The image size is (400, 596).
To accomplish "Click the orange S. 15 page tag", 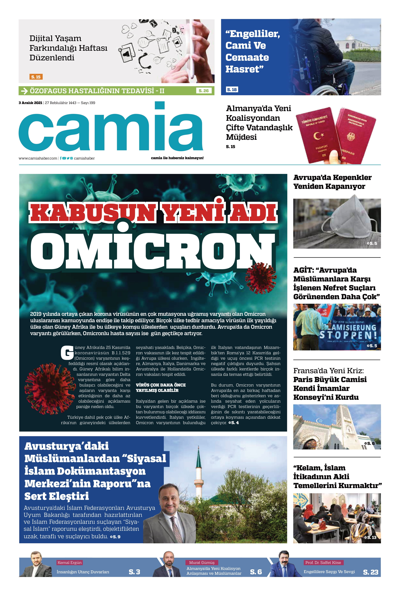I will click(36, 77).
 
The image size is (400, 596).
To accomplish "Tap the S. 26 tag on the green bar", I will click(204, 91).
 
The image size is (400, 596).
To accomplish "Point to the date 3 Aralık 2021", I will click(30, 103).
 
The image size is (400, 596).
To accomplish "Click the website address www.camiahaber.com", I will click(38, 158).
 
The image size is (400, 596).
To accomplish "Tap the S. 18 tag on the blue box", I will click(232, 89).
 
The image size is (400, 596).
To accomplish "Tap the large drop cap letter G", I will click(67, 353).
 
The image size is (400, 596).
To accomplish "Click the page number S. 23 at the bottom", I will click(370, 572).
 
